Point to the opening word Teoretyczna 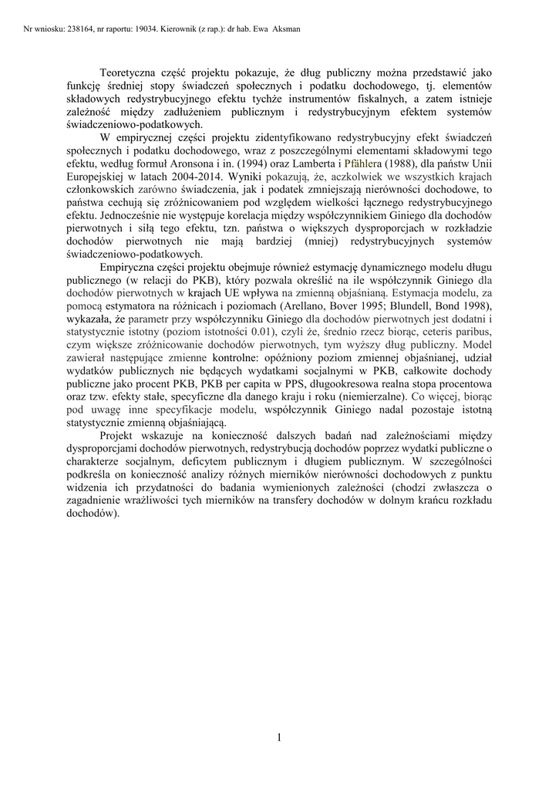click(133, 74)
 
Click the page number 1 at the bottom click(278, 738)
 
